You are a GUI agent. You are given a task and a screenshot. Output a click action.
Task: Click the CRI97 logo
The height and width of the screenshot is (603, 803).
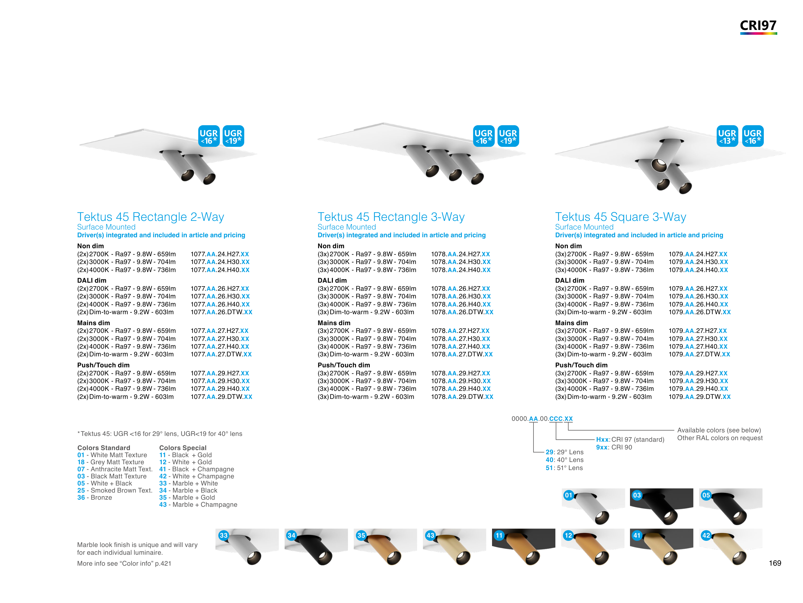(758, 26)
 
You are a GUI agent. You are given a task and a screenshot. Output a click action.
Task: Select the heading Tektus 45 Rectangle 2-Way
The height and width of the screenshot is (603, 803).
(151, 217)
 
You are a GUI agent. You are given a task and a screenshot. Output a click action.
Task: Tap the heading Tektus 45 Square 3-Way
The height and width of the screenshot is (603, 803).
(620, 217)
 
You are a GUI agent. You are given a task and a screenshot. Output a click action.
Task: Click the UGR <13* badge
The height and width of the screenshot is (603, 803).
(727, 136)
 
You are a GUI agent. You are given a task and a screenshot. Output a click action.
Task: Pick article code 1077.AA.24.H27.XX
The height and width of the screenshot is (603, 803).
(220, 254)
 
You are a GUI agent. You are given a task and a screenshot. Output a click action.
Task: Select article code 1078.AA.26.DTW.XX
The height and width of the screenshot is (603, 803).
(462, 312)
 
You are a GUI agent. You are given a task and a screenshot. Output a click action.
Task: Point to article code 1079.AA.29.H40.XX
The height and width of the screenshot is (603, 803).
(698, 389)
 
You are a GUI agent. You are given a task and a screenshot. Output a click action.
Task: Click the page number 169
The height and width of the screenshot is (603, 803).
(775, 563)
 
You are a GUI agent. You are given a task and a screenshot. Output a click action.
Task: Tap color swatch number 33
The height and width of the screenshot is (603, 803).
(247, 547)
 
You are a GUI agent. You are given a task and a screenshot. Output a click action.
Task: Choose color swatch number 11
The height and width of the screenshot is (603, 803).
(524, 547)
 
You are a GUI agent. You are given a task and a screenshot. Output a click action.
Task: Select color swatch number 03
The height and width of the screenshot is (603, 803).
(662, 507)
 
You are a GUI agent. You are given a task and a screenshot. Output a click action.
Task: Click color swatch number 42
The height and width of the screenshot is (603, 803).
(730, 547)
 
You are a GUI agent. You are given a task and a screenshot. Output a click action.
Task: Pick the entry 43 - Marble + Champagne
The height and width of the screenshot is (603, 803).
(198, 504)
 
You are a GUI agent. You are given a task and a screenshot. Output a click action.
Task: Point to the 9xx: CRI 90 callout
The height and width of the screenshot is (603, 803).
(614, 447)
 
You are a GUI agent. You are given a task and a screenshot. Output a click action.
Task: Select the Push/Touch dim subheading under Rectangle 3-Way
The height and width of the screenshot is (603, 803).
(343, 365)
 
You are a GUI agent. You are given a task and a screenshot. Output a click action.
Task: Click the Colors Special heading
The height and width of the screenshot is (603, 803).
(183, 448)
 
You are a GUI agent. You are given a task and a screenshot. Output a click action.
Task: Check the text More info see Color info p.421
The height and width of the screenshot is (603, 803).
(124, 563)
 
